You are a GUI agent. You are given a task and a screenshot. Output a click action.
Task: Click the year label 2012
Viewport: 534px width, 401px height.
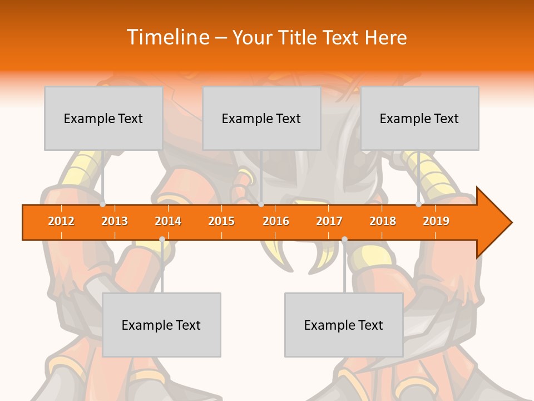coord(61,221)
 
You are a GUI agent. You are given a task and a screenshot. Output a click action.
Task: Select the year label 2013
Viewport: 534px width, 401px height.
coord(115,221)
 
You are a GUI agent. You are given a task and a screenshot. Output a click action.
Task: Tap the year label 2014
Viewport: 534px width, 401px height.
coord(168,221)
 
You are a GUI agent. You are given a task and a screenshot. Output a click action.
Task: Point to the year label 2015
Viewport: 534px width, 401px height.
coord(221,221)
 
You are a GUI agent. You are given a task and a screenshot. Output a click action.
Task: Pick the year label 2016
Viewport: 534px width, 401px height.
coord(276,221)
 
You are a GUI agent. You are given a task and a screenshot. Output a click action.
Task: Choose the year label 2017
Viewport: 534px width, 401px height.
coord(329,221)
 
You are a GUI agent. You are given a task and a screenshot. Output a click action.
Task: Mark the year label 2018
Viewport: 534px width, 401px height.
coord(383,221)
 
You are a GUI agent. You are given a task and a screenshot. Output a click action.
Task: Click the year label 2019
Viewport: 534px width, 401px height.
coord(436,221)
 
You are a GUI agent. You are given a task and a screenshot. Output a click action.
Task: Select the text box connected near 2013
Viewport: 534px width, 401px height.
coord(103,118)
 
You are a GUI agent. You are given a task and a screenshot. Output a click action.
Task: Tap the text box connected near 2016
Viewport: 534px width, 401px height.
coord(261,118)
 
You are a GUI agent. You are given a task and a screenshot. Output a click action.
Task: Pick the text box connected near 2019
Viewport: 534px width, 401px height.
coord(419,118)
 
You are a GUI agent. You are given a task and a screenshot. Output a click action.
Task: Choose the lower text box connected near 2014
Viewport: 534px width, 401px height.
coord(161,325)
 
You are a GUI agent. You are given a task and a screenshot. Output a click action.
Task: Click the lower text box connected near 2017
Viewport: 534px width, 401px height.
coord(344,325)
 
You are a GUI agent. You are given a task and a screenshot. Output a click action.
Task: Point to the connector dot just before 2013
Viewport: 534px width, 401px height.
coord(103,204)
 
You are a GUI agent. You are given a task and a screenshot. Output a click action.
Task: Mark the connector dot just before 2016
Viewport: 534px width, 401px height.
coord(261,204)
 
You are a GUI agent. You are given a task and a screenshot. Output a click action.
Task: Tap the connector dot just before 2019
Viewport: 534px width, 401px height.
coord(419,204)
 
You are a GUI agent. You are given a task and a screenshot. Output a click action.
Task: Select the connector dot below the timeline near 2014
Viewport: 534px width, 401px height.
coord(162,239)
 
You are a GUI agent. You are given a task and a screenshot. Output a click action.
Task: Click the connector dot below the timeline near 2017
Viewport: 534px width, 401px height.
coord(344,239)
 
